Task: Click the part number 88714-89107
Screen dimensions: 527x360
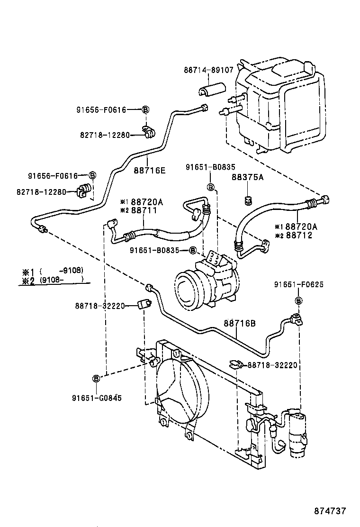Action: pyautogui.click(x=208, y=70)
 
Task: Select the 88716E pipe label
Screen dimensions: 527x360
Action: pyautogui.click(x=149, y=170)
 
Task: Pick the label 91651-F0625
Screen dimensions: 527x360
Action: pyautogui.click(x=298, y=284)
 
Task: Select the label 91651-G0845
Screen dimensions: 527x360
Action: pyautogui.click(x=97, y=398)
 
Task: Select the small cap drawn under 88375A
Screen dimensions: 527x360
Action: pyautogui.click(x=247, y=200)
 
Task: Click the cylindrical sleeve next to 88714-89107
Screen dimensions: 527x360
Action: pyautogui.click(x=210, y=91)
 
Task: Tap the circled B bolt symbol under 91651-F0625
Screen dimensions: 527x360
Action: pyautogui.click(x=298, y=300)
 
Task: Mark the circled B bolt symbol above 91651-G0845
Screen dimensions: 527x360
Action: pyautogui.click(x=96, y=378)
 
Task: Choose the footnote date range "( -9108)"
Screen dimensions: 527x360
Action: pyautogui.click(x=62, y=271)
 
